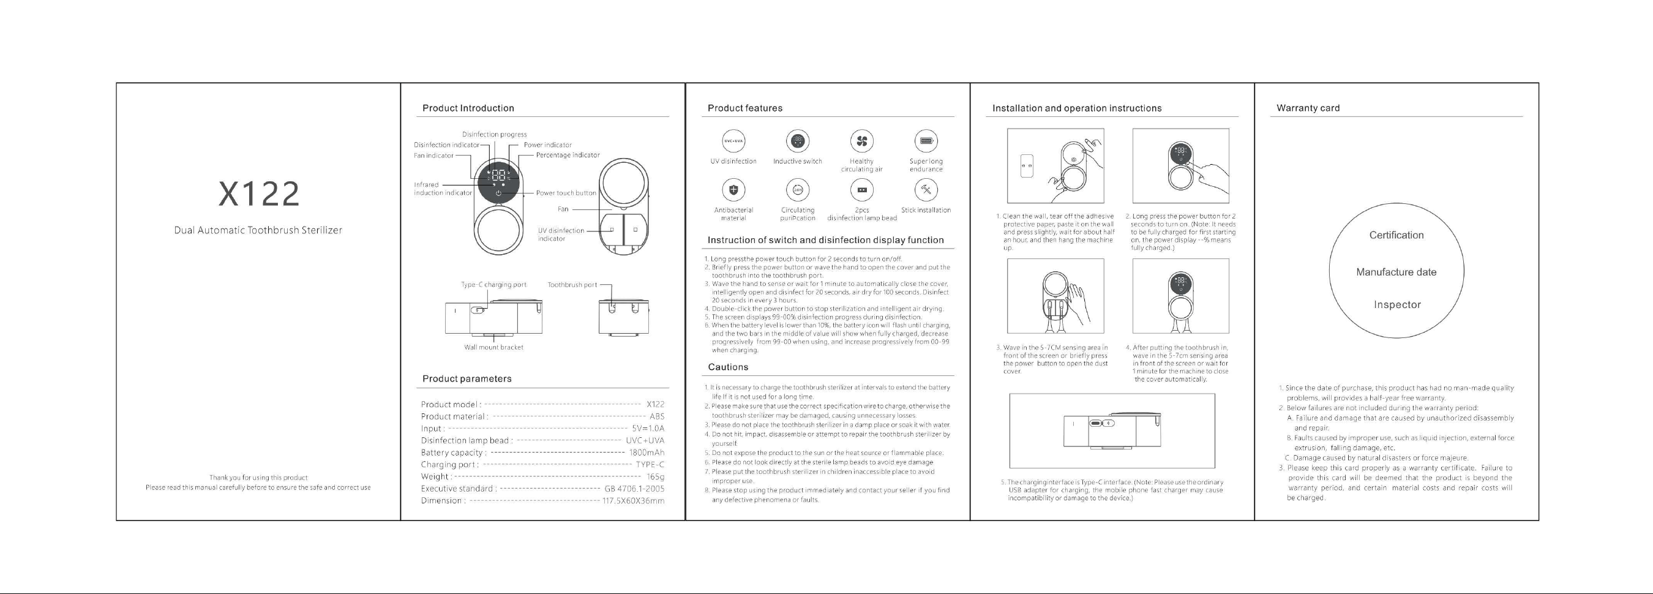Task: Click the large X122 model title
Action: tap(258, 194)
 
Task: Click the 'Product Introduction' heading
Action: tap(468, 108)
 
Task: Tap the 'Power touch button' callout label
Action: tap(565, 193)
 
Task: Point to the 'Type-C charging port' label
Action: tap(493, 285)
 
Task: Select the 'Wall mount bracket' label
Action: tap(493, 347)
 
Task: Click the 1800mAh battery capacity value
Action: tap(646, 453)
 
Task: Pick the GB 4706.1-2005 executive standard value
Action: tap(634, 489)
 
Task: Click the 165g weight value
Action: tap(655, 476)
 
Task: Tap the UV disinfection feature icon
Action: tap(733, 141)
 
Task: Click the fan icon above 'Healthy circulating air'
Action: tap(862, 141)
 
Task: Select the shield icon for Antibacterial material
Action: tap(733, 189)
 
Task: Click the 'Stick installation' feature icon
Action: tap(926, 189)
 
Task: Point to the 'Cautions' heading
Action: tap(728, 367)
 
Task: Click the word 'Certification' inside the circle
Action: tap(1396, 235)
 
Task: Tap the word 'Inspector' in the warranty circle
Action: tap(1397, 304)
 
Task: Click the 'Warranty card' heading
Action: tap(1308, 108)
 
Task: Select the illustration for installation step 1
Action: tap(1055, 166)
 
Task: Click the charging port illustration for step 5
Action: tap(1111, 430)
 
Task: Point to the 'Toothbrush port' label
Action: tap(572, 285)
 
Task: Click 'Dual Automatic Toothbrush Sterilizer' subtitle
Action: tap(258, 230)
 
